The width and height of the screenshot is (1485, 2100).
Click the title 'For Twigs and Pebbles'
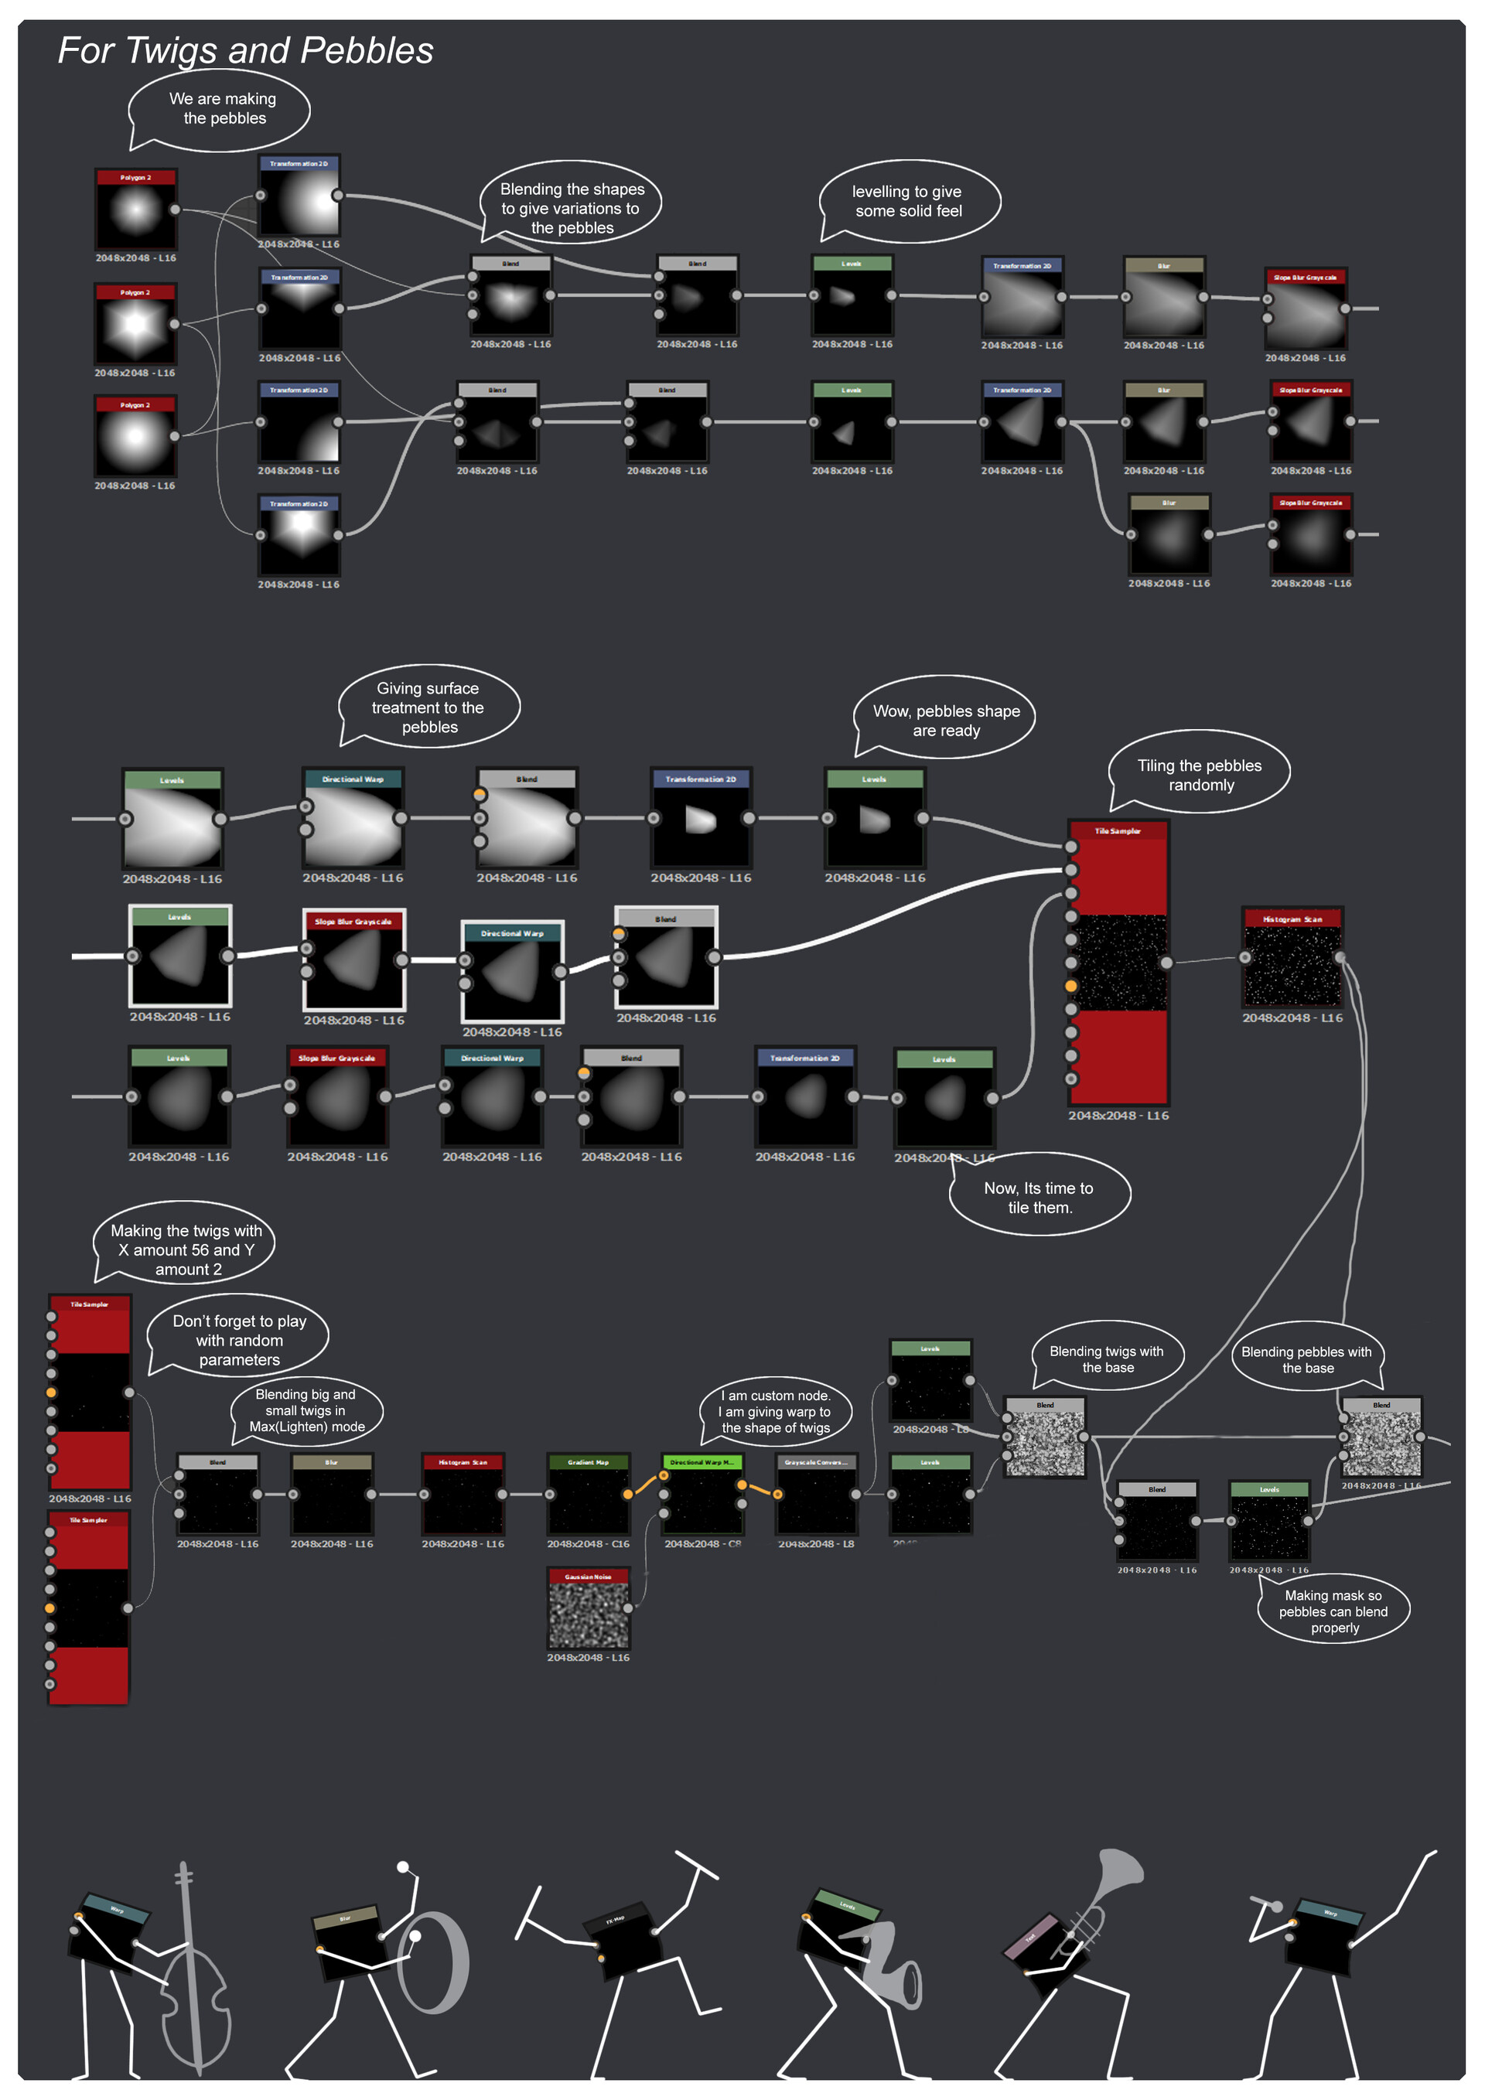click(x=245, y=50)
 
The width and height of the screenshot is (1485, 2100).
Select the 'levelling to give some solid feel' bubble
click(x=908, y=201)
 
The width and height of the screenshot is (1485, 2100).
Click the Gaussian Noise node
click(x=589, y=1613)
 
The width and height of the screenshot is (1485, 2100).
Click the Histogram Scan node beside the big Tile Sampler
click(x=1291, y=961)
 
